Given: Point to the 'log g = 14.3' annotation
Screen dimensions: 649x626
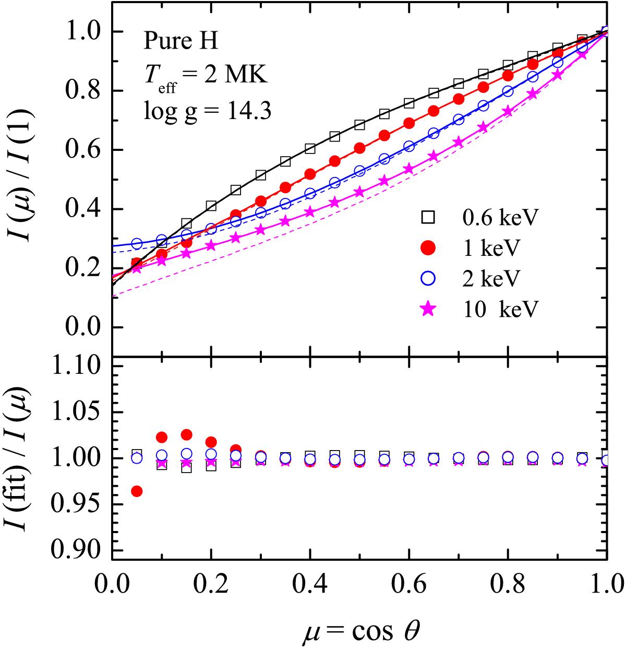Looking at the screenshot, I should click(207, 111).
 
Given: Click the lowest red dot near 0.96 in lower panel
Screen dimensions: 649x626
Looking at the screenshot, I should click(137, 491).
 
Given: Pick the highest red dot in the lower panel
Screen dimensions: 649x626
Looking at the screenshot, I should click(186, 434).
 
